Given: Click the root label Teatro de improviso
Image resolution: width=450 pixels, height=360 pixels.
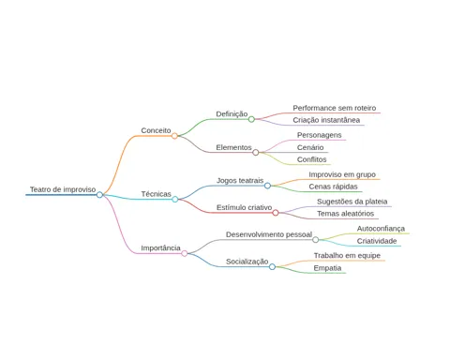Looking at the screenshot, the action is pos(63,189).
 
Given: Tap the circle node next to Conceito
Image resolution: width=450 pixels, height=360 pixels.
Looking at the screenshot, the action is pos(174,136).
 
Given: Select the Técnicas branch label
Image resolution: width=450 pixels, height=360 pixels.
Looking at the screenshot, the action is pos(156,194).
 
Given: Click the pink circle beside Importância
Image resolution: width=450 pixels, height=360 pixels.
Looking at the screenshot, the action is pos(185,253).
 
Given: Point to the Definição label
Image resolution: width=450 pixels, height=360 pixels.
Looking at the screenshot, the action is pos(232,114).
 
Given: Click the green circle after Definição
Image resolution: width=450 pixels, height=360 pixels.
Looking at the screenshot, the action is pos(251,119).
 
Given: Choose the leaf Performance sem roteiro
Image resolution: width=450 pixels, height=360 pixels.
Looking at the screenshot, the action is pos(335,108).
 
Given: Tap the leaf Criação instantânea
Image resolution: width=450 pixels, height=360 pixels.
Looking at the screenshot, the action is pos(326,120).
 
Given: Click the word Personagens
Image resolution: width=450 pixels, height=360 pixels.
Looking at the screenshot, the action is pos(319,135).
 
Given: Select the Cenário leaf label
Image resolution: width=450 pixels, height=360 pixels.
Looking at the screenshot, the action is pos(310,147).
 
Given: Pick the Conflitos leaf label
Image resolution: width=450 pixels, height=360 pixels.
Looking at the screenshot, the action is pos(311,159).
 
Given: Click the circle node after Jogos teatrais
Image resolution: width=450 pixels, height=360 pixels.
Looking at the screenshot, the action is pos(267,186).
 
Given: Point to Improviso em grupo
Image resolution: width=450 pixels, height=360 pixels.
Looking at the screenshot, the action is pos(342,174).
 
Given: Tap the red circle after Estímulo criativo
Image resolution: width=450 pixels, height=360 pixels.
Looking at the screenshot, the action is pos(276,213).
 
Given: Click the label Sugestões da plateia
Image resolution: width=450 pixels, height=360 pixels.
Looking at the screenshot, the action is pos(352,202).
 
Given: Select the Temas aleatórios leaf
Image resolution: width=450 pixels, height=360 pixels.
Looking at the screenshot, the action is pos(345,214).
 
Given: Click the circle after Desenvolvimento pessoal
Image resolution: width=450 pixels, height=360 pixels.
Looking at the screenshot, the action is pos(316,240).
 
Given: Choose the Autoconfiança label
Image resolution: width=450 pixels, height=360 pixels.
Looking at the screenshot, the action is pos(381,229).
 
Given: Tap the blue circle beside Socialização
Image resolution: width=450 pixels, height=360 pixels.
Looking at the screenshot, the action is pos(272,266).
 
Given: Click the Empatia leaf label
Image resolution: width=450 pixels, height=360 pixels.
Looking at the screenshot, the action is pos(327,268).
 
